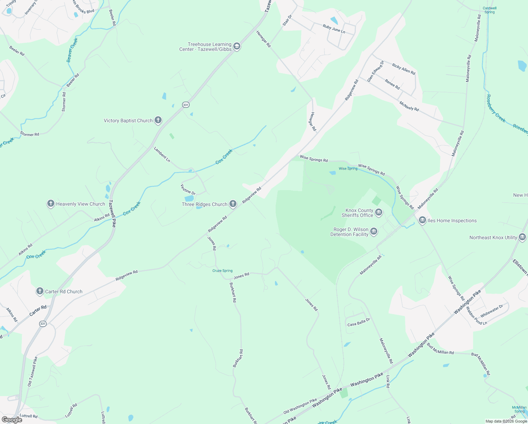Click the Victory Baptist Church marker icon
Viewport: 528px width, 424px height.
pyautogui.click(x=158, y=120)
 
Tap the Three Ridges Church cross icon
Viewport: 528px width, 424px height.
pyautogui.click(x=233, y=204)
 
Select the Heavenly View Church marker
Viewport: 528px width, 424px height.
pyautogui.click(x=51, y=204)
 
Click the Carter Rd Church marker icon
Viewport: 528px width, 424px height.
pyautogui.click(x=40, y=291)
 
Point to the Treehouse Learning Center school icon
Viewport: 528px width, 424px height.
pyautogui.click(x=237, y=46)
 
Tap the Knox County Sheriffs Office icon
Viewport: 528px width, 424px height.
pyautogui.click(x=379, y=212)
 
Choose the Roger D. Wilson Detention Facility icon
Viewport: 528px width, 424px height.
pyautogui.click(x=374, y=232)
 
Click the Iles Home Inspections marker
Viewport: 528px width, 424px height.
pyautogui.click(x=422, y=220)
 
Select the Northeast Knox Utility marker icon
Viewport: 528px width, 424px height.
pyautogui.click(x=522, y=237)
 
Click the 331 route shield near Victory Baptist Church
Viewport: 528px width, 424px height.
pyautogui.click(x=186, y=105)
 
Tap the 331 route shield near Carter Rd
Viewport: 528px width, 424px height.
pyautogui.click(x=43, y=324)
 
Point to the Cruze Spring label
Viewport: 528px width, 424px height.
pyautogui.click(x=222, y=271)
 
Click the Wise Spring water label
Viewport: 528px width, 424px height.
pyautogui.click(x=348, y=169)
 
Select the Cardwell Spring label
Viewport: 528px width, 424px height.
pyautogui.click(x=490, y=10)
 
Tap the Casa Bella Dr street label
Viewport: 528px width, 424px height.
pyautogui.click(x=358, y=322)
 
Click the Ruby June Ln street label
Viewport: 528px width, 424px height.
pyautogui.click(x=334, y=29)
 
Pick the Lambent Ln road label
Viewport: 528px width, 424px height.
pyautogui.click(x=162, y=154)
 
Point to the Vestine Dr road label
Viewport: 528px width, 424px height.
pyautogui.click(x=188, y=189)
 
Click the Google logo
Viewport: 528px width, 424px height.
pyautogui.click(x=12, y=420)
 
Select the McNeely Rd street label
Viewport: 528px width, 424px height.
pyautogui.click(x=409, y=106)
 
